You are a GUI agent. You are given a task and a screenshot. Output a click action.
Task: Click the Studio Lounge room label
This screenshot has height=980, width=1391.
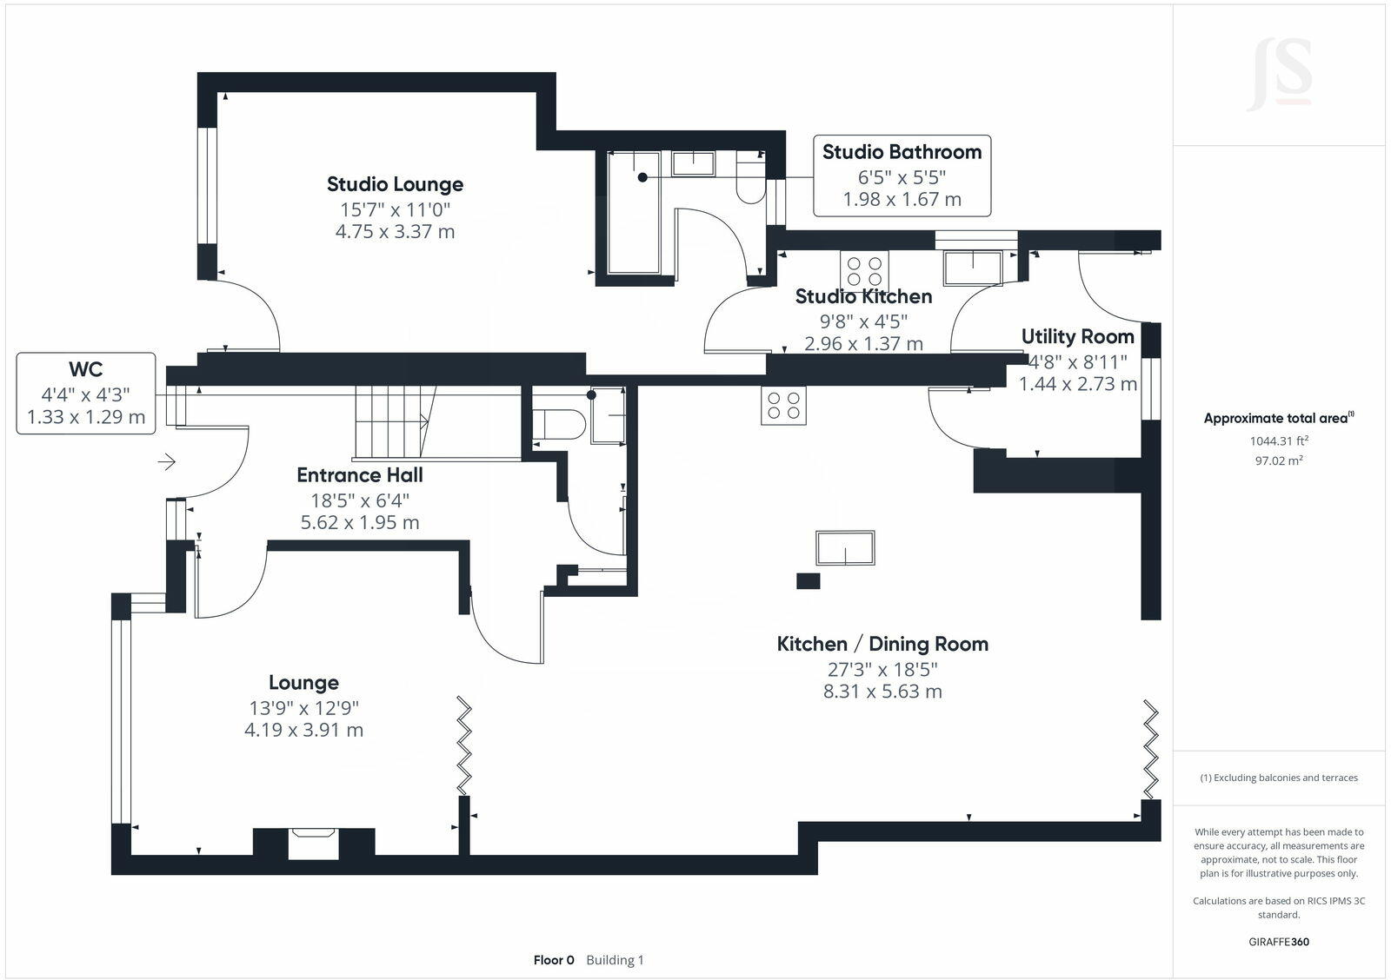point(395,184)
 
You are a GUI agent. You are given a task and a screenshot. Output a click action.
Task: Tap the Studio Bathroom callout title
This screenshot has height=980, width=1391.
point(902,152)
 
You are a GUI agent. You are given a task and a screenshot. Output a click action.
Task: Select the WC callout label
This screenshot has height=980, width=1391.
point(86,369)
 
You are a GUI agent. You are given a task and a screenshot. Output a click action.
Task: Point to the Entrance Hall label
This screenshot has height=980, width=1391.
point(360,474)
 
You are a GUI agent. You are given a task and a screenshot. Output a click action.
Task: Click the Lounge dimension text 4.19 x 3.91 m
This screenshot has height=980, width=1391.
point(303,730)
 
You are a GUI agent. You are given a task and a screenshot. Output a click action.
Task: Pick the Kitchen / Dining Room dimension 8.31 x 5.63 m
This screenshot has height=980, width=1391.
point(882,692)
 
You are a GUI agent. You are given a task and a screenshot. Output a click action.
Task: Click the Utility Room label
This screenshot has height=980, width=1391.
point(1077,336)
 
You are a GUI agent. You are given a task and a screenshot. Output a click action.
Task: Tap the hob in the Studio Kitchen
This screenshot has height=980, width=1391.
point(864,270)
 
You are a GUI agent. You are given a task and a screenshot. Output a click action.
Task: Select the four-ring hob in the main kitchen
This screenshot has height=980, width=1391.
point(783,405)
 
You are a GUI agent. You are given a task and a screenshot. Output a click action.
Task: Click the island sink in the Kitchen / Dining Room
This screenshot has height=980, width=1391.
point(845,547)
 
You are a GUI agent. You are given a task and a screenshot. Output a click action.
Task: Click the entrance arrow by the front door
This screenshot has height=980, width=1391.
point(166,461)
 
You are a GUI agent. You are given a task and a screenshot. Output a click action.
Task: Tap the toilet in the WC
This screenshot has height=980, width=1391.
point(559,425)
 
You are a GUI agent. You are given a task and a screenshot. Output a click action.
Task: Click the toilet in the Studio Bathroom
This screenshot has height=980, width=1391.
point(751,183)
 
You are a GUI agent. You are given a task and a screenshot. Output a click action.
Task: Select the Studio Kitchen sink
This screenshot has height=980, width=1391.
point(973,268)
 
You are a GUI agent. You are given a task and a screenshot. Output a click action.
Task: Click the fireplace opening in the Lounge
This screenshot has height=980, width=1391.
point(314,844)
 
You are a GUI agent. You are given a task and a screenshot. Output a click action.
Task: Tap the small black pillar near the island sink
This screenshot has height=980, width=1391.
point(808,581)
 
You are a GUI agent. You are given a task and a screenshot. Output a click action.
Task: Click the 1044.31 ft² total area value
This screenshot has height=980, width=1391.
point(1279,440)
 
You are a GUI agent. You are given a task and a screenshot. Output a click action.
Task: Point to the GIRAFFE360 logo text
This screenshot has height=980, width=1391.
point(1279,942)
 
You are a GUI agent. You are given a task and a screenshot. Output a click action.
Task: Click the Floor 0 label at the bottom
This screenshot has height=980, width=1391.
point(554,960)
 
